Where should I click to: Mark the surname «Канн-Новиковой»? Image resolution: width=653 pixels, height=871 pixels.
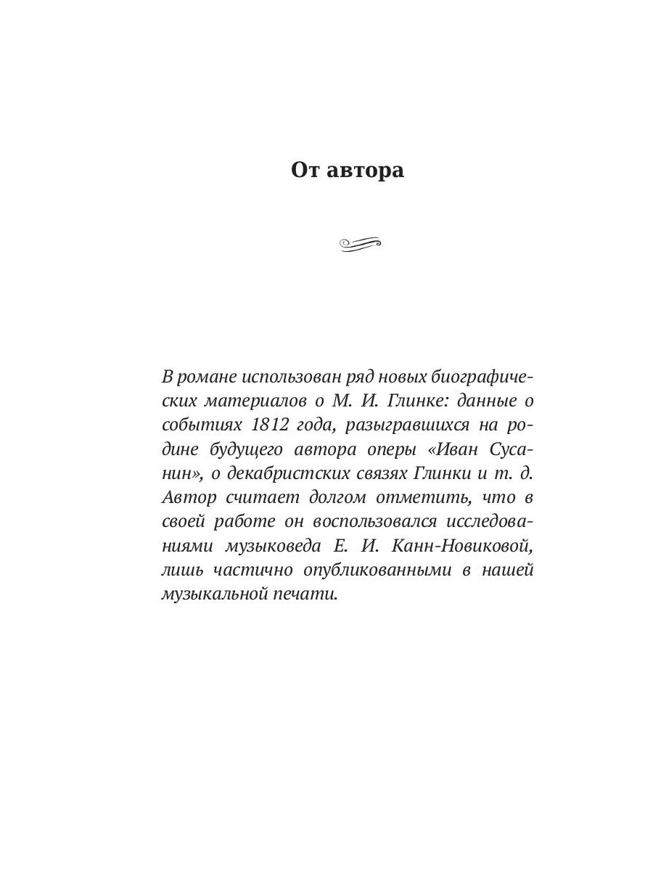(x=459, y=546)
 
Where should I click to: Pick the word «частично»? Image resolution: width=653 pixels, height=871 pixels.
(x=237, y=570)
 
